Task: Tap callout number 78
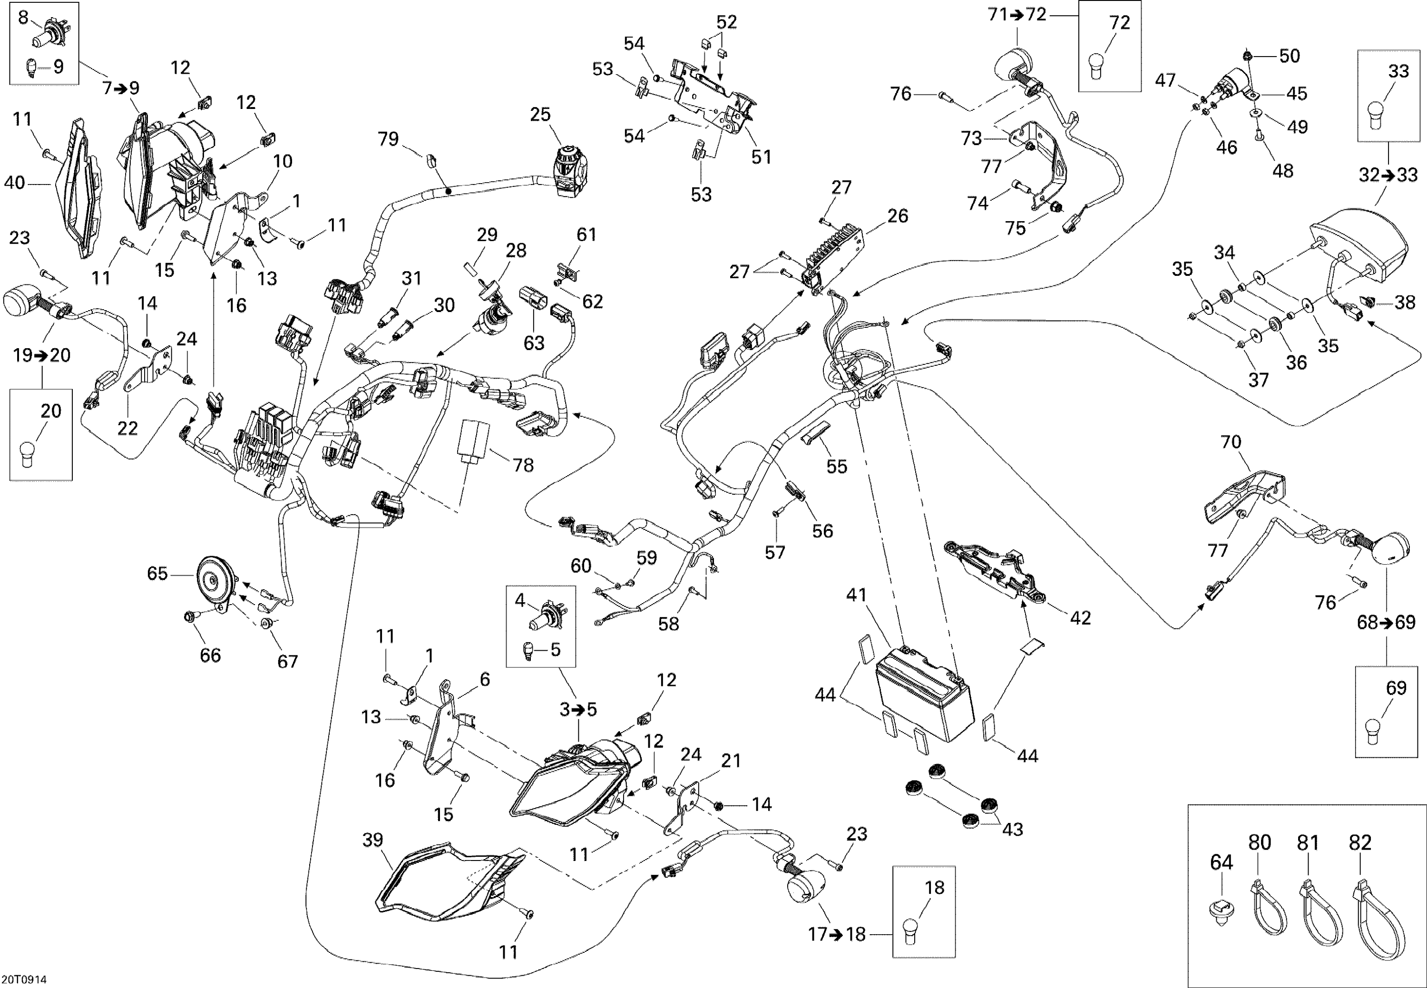(x=523, y=465)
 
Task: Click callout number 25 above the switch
(x=540, y=115)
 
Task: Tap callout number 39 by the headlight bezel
(x=373, y=840)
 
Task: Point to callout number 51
(x=761, y=157)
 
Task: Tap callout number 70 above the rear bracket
(x=1231, y=442)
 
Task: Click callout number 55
(x=836, y=466)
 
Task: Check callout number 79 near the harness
(x=388, y=139)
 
